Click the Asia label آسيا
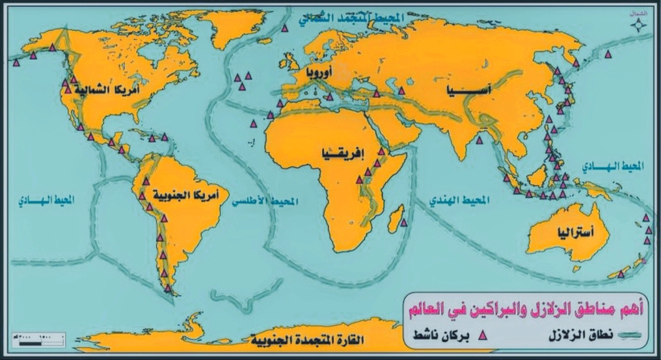pyautogui.click(x=468, y=90)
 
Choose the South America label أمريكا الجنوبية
pyautogui.click(x=186, y=194)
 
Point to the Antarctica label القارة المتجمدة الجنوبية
pyautogui.click(x=307, y=340)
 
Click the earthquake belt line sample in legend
pyautogui.click(x=631, y=335)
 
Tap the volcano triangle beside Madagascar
pyautogui.click(x=404, y=223)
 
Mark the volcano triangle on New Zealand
pyautogui.click(x=620, y=275)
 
